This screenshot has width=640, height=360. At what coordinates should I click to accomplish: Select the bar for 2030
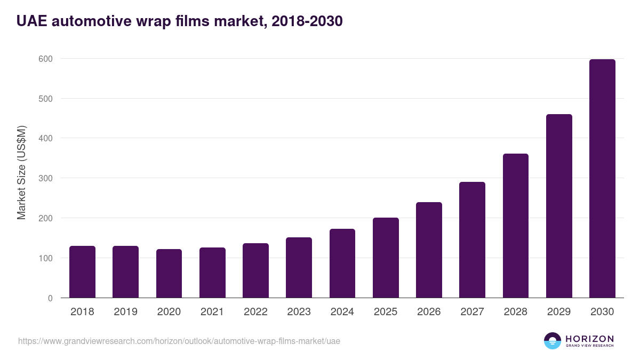point(602,179)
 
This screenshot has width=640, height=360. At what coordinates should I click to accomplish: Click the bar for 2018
point(82,272)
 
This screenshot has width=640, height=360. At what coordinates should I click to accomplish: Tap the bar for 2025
point(386,258)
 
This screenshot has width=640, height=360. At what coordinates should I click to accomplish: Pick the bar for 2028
point(516,226)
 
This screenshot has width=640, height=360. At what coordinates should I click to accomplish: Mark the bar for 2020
point(169,274)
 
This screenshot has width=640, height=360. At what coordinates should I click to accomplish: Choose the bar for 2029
point(559,206)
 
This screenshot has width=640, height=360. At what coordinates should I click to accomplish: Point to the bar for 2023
point(299,268)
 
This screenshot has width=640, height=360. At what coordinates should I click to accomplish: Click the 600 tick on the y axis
point(45,59)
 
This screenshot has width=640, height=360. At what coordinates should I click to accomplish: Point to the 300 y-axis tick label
point(45,178)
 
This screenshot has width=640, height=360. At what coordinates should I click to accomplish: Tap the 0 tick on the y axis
point(50,298)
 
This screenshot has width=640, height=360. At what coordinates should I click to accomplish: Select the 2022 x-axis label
point(255,312)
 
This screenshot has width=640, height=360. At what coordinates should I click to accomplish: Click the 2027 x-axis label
point(472,312)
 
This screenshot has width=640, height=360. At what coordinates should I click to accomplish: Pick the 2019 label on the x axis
point(125,312)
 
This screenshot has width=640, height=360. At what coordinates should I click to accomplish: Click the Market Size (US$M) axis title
point(21,172)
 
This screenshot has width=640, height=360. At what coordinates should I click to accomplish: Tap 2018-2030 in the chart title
point(307,21)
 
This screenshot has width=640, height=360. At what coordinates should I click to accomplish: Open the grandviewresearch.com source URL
point(179,341)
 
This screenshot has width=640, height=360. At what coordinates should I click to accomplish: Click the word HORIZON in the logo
point(589,339)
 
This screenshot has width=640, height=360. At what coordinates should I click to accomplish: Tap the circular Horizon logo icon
point(553,341)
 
